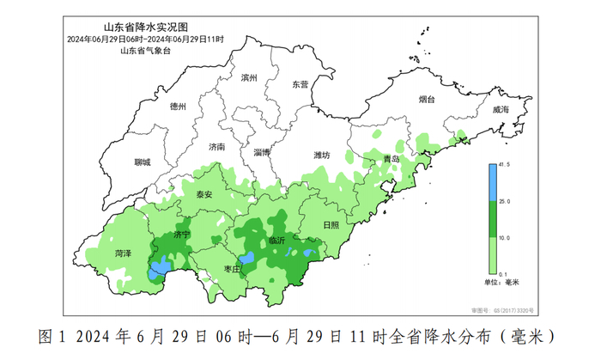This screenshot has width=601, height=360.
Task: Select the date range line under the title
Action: click(x=145, y=40)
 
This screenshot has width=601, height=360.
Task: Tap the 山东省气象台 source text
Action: click(x=145, y=51)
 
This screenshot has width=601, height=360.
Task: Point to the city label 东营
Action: click(x=300, y=84)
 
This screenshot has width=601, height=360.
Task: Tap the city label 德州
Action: click(x=178, y=107)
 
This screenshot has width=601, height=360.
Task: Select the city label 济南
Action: click(x=217, y=147)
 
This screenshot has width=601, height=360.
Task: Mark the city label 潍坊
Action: click(x=321, y=156)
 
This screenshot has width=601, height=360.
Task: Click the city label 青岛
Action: click(x=392, y=160)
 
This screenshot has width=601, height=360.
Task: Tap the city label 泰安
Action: click(x=203, y=194)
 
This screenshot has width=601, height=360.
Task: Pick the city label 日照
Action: click(x=331, y=224)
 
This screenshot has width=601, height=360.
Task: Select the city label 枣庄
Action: click(x=231, y=269)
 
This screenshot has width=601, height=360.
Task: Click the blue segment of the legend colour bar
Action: click(x=493, y=182)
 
